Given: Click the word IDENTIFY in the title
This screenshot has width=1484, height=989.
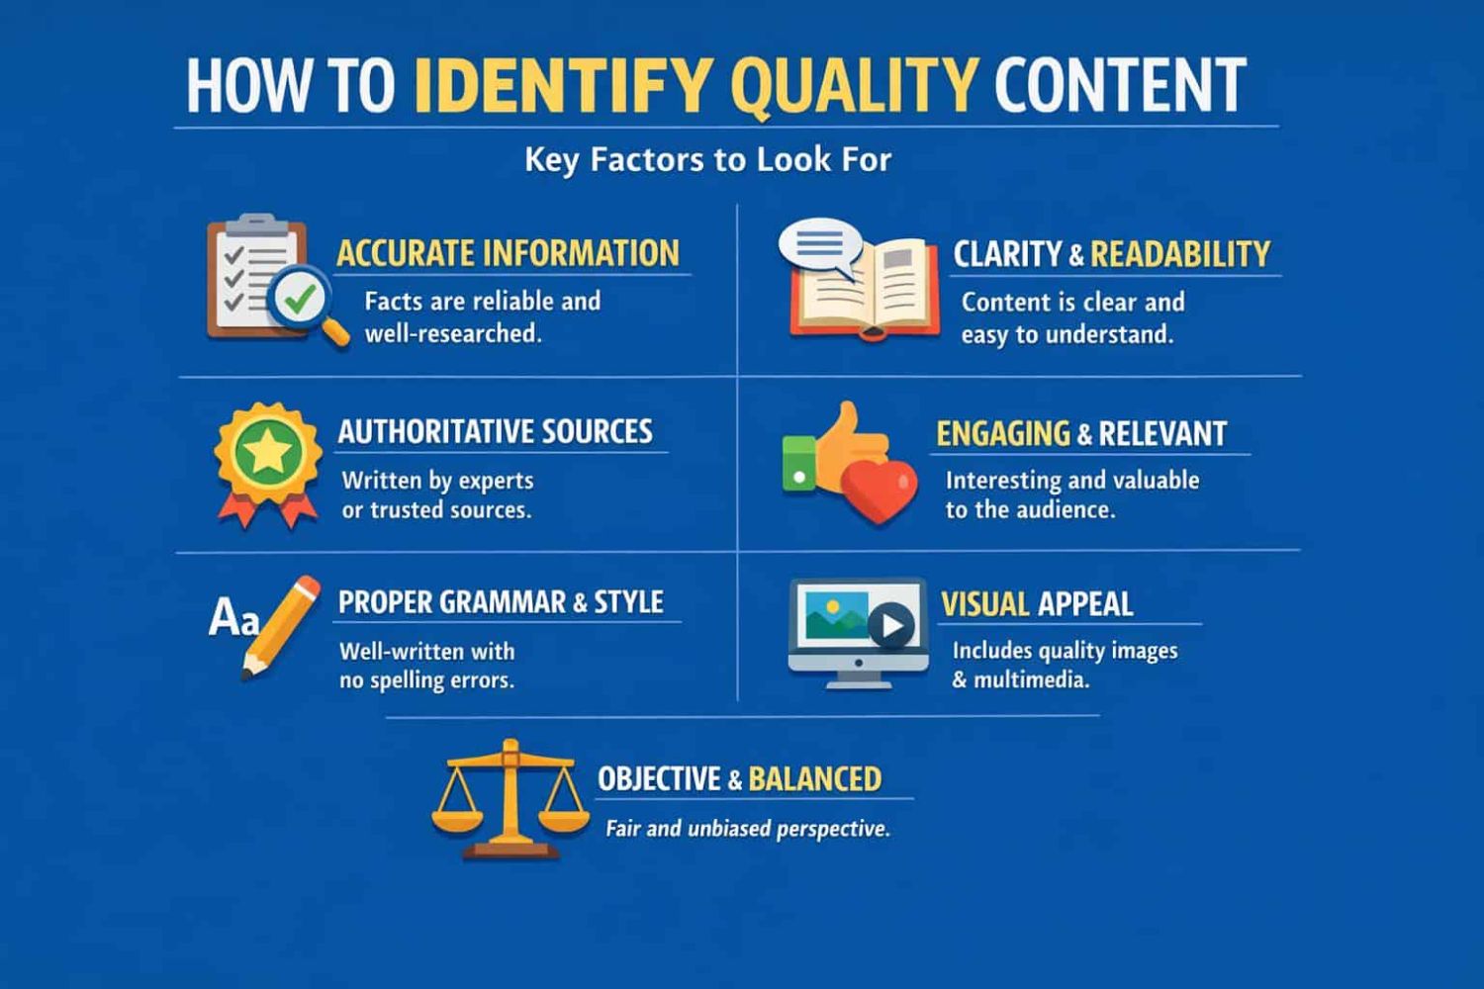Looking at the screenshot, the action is point(565,85).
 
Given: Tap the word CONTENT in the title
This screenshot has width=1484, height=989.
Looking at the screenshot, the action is point(1120,85).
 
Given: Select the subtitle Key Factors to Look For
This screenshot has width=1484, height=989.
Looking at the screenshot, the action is point(707,159).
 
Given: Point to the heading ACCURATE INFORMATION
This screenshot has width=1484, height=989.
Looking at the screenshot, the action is point(509,253).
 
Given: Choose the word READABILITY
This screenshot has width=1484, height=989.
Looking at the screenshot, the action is point(1180,254).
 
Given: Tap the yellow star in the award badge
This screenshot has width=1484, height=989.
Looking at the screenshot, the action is point(268,451).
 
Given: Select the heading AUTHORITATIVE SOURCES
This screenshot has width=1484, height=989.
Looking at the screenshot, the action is point(495,431).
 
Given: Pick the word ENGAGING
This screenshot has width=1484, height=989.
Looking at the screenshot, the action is point(1003,434).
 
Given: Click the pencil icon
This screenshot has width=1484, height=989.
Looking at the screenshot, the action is point(280,627).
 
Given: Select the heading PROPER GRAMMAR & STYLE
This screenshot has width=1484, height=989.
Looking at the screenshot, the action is point(501,602).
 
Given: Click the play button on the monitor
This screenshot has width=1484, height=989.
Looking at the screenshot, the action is point(891,625).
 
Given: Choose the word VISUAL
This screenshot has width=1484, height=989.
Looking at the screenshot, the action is point(985,604).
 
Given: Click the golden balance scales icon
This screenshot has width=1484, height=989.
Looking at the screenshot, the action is point(510,799).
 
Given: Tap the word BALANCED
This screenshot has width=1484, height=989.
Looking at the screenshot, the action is point(815,779).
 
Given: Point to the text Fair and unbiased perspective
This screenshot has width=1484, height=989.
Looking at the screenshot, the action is point(747,829).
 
